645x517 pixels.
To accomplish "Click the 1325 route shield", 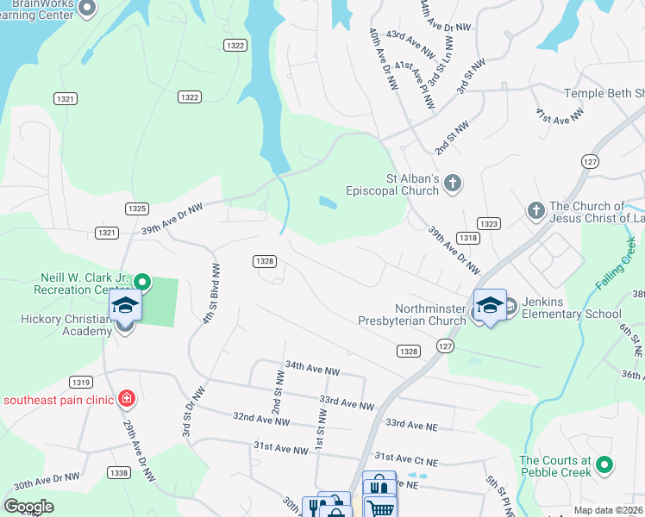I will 136,209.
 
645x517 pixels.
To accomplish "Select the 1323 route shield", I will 489,223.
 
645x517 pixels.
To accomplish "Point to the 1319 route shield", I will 82,382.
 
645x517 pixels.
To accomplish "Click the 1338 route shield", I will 119,472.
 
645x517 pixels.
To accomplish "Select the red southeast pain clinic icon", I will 127,398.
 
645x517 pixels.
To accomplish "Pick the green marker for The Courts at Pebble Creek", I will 604,465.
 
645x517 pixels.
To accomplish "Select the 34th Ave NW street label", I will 313,369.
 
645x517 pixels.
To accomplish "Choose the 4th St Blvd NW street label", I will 208,294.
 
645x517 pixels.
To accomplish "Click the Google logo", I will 29,507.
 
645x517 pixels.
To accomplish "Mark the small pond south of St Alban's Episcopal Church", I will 328,202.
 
